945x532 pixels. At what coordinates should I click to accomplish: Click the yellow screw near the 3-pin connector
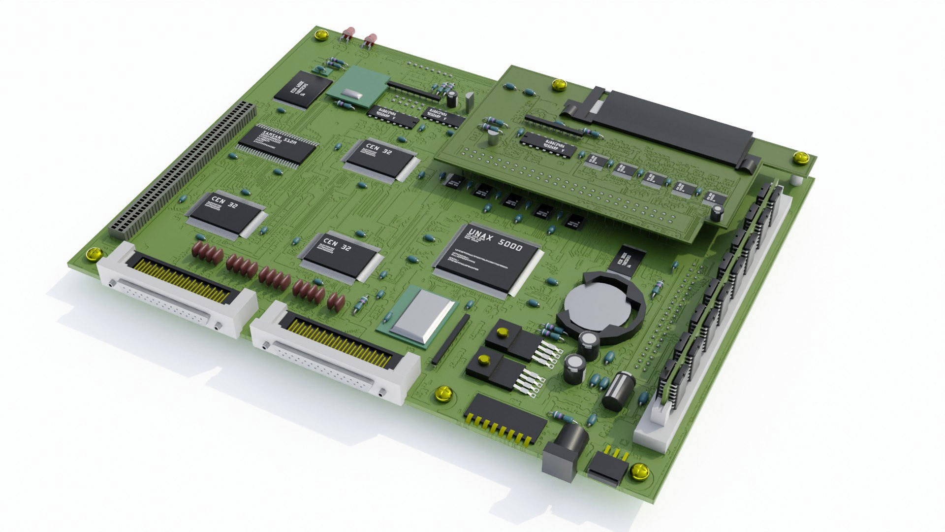(x=639, y=471)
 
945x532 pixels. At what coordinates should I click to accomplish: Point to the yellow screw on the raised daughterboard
(x=559, y=85)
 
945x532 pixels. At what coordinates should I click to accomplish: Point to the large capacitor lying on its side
(x=619, y=391)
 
